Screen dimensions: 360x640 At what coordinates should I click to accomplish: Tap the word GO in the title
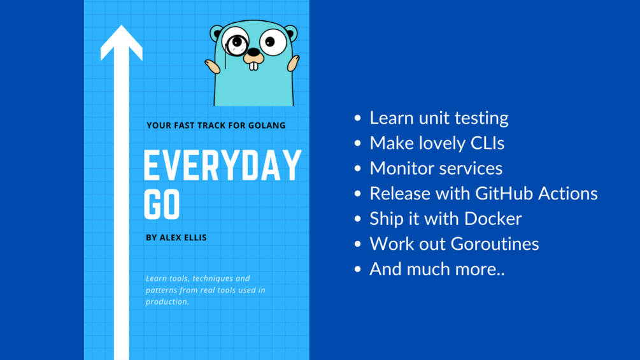[x=162, y=203]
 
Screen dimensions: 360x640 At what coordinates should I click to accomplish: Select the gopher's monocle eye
[x=237, y=43]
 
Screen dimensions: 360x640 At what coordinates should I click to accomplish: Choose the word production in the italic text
[x=167, y=301]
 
